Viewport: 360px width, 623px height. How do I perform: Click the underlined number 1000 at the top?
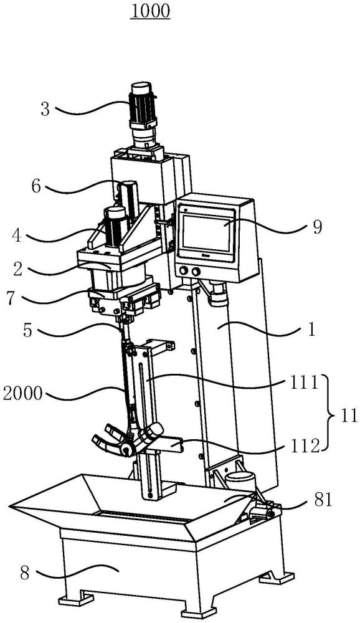tap(151, 11)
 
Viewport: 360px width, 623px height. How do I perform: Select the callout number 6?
tap(36, 186)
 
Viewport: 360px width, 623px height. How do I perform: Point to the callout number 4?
tap(16, 235)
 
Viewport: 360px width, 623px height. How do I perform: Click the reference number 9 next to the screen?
tap(316, 227)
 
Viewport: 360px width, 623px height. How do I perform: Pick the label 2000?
tap(22, 394)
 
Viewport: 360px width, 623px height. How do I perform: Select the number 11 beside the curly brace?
tap(349, 416)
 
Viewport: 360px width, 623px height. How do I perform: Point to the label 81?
tap(322, 500)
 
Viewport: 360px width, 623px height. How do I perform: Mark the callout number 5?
tap(27, 331)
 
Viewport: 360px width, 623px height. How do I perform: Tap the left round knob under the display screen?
tap(184, 272)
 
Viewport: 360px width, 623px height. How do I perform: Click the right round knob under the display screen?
tap(196, 272)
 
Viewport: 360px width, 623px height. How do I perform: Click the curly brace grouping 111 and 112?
tap(331, 413)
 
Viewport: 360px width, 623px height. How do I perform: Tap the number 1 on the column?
tap(312, 330)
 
